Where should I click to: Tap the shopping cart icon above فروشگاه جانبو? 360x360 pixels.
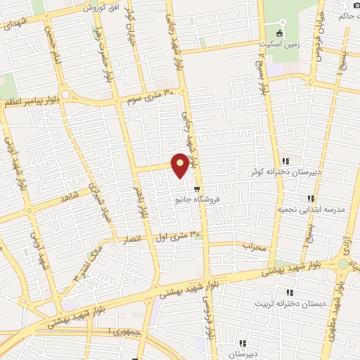click(198, 188)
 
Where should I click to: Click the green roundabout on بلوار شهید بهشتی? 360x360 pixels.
click(343, 264)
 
